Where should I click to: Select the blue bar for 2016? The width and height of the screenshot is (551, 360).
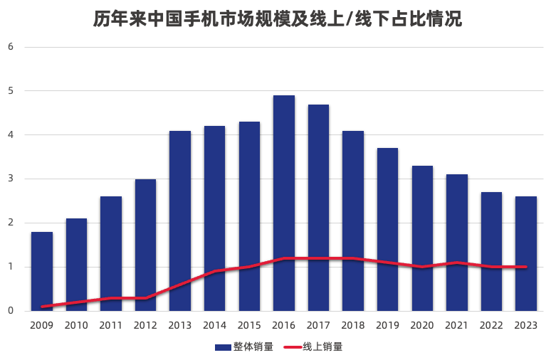coord(284,203)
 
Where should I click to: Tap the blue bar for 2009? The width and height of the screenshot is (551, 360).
coord(42,271)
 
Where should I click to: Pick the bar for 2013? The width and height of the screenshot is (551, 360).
coord(180,221)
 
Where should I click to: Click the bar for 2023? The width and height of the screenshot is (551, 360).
coord(526,253)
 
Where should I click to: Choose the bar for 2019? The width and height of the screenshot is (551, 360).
coord(387,229)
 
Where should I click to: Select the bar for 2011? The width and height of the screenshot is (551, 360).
coord(111,253)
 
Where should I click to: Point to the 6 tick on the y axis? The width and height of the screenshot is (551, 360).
coord(11,47)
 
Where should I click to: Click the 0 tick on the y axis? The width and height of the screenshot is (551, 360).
coord(11,311)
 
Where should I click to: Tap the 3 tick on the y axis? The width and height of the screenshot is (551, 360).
coord(11,179)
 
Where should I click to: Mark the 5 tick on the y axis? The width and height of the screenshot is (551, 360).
coord(11,91)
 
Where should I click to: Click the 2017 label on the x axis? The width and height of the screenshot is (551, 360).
coord(319,325)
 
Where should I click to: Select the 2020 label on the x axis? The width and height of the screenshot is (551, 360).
coord(422,325)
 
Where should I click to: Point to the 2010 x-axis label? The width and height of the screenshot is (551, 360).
coord(77,325)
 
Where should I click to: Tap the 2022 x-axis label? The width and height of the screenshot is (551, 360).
coord(491,325)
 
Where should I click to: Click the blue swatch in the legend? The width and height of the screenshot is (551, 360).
coord(223,347)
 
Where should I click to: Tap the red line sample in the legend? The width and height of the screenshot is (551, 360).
coord(293,347)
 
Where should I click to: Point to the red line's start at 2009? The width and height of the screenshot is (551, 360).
coord(42,307)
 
